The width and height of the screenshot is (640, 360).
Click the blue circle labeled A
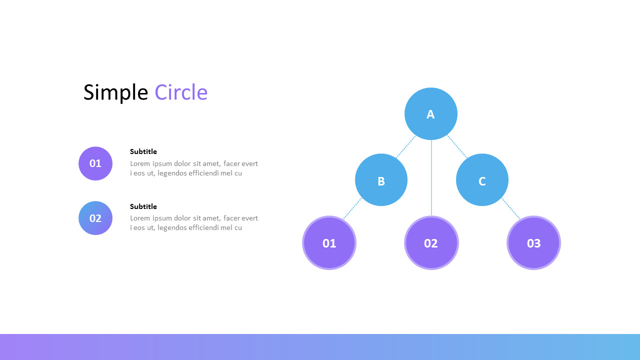tap(430, 114)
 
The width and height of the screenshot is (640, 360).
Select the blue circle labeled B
tap(381, 180)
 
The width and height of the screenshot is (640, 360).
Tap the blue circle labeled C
tap(482, 180)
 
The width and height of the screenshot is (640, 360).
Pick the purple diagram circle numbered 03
tap(533, 243)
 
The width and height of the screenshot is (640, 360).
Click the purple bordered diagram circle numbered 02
tap(431, 243)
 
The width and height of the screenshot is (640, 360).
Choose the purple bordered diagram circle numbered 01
tap(329, 243)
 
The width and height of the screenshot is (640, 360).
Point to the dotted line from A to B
tap(405, 147)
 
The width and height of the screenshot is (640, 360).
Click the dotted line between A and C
tap(457, 147)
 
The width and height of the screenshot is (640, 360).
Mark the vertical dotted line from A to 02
tap(431, 177)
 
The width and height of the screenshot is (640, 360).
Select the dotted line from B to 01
tap(352, 208)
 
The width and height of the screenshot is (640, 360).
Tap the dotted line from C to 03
tap(510, 208)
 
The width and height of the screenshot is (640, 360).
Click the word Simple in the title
tap(115, 93)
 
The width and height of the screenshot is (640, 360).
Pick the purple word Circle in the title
tap(181, 93)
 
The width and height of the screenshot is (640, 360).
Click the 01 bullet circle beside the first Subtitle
tap(95, 163)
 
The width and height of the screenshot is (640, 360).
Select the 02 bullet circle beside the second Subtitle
tap(95, 218)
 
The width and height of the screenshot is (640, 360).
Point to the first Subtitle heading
tap(143, 151)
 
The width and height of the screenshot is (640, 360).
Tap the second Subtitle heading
tap(143, 206)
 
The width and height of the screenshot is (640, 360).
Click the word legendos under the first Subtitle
tap(171, 173)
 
